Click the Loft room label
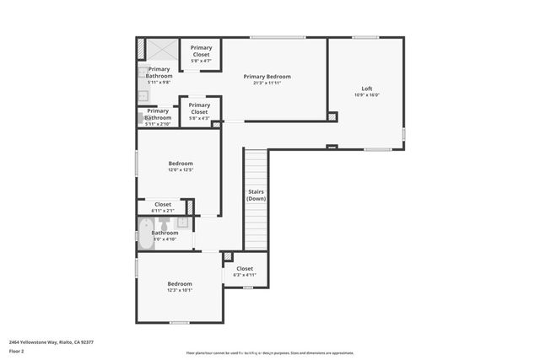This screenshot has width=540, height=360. [366, 89]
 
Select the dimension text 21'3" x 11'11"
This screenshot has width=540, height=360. [266, 83]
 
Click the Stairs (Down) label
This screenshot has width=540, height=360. [256, 195]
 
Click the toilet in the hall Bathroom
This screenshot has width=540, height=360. [165, 223]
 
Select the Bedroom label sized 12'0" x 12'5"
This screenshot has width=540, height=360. [180, 163]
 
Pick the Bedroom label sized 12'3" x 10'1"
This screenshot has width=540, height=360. [179, 284]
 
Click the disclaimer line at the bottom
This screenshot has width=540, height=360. [270, 352]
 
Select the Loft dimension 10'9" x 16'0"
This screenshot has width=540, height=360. [366, 95]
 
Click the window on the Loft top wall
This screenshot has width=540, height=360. [364, 37]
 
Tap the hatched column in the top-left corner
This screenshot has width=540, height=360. [141, 49]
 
